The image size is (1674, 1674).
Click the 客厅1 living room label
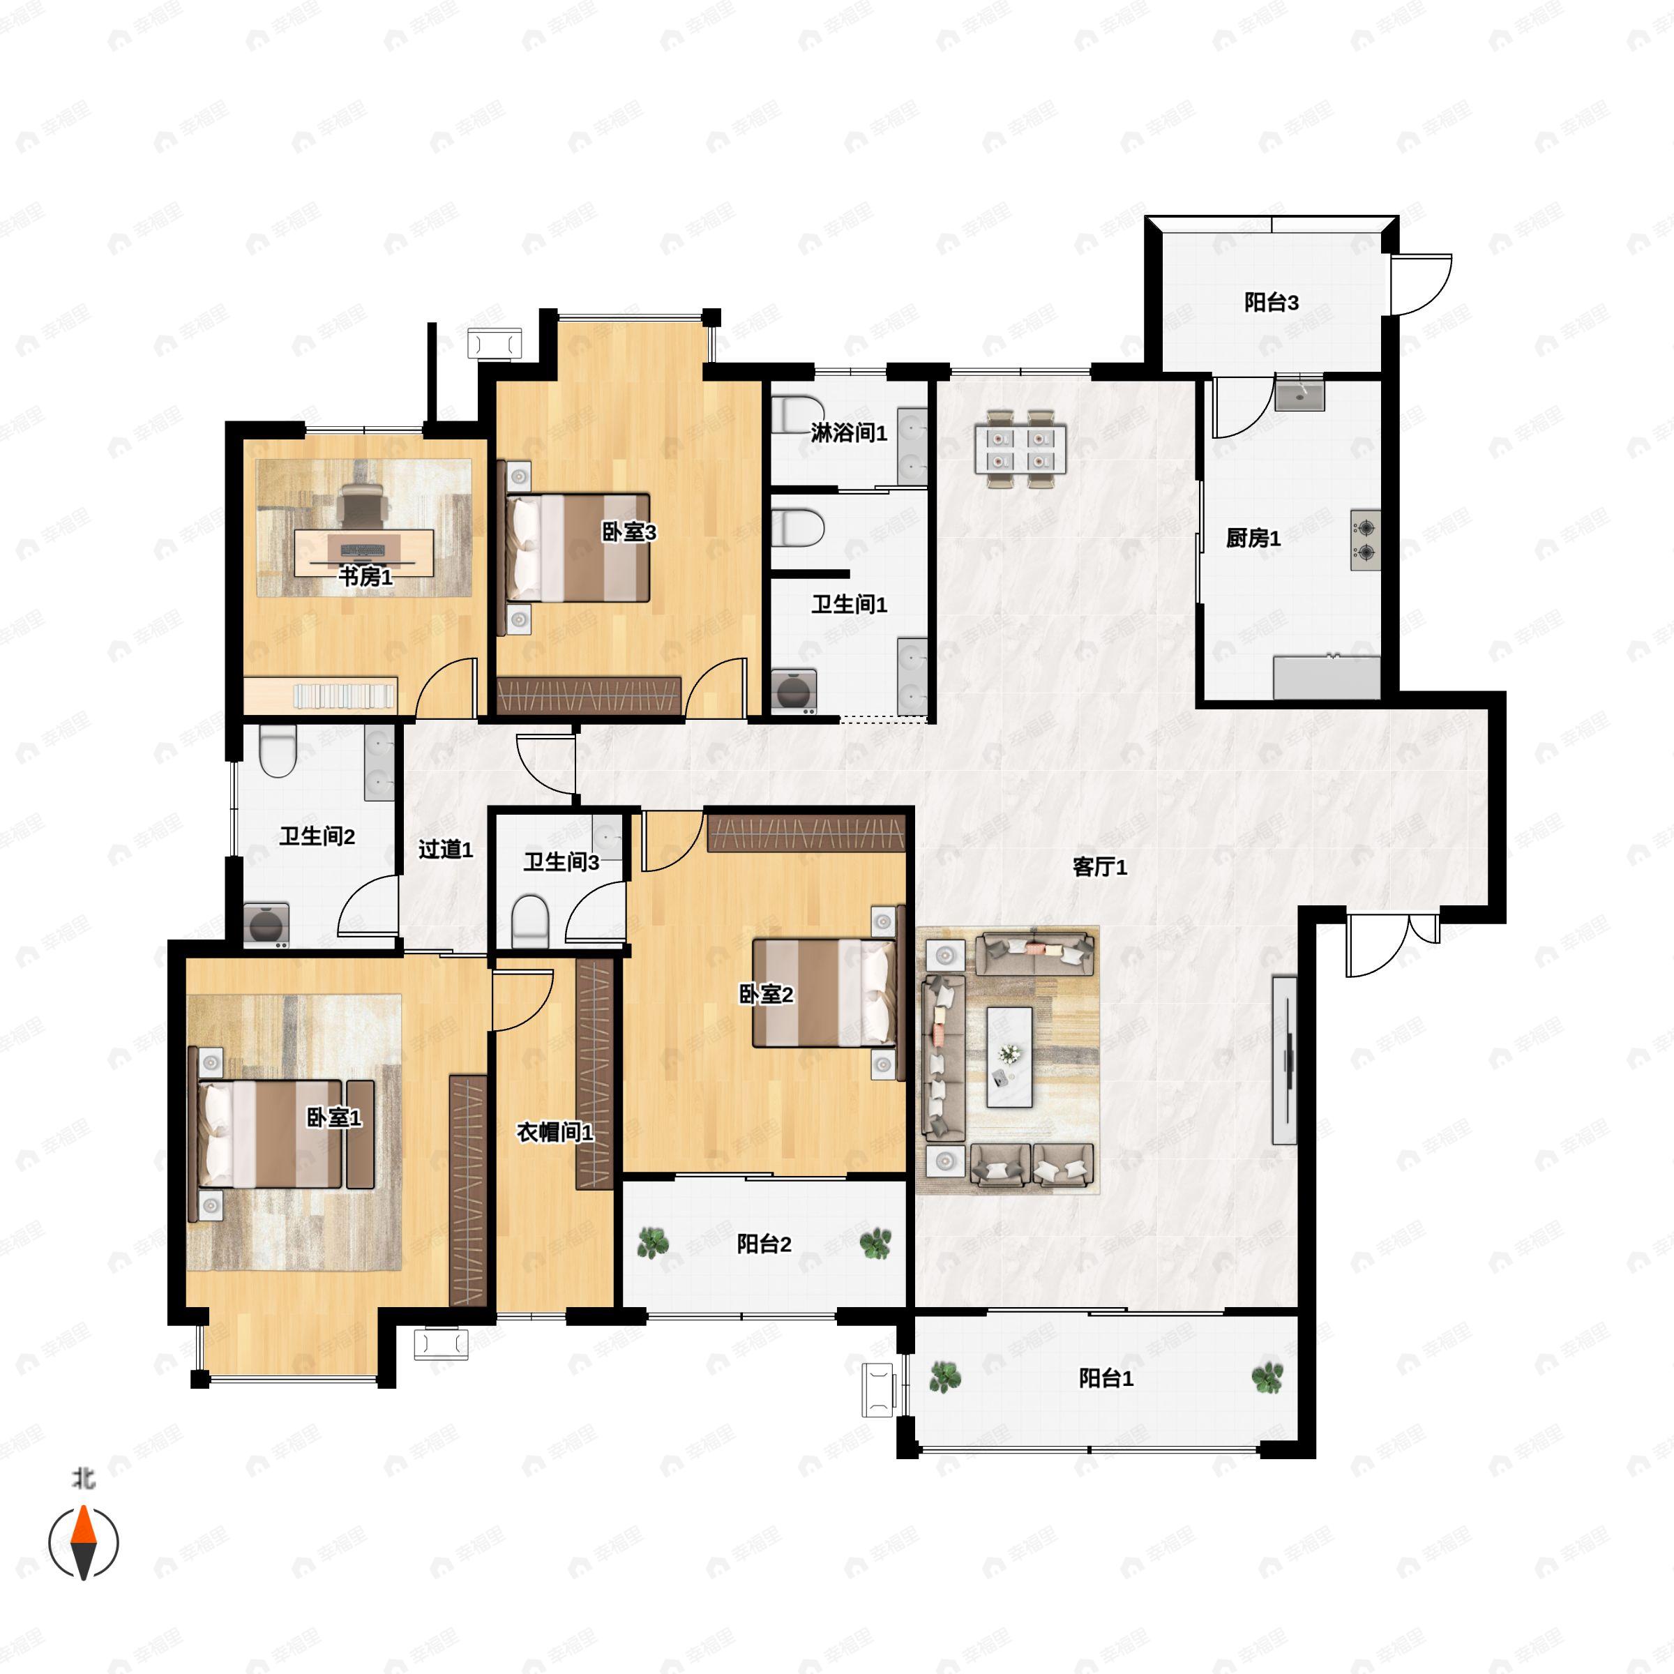pos(1099,867)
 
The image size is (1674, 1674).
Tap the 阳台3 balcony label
pos(1271,303)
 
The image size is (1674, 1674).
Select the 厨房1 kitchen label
pos(1253,538)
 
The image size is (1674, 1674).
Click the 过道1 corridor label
pos(446,849)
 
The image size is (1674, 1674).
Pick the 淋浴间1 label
pos(849,432)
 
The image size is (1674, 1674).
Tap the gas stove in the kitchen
pos(1366,539)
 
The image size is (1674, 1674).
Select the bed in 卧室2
pos(824,993)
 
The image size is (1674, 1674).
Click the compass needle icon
pos(83,1543)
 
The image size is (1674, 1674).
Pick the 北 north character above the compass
pos(83,1478)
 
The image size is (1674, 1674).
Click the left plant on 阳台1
pos(944,1377)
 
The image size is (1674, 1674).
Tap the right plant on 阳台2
pos(875,1244)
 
